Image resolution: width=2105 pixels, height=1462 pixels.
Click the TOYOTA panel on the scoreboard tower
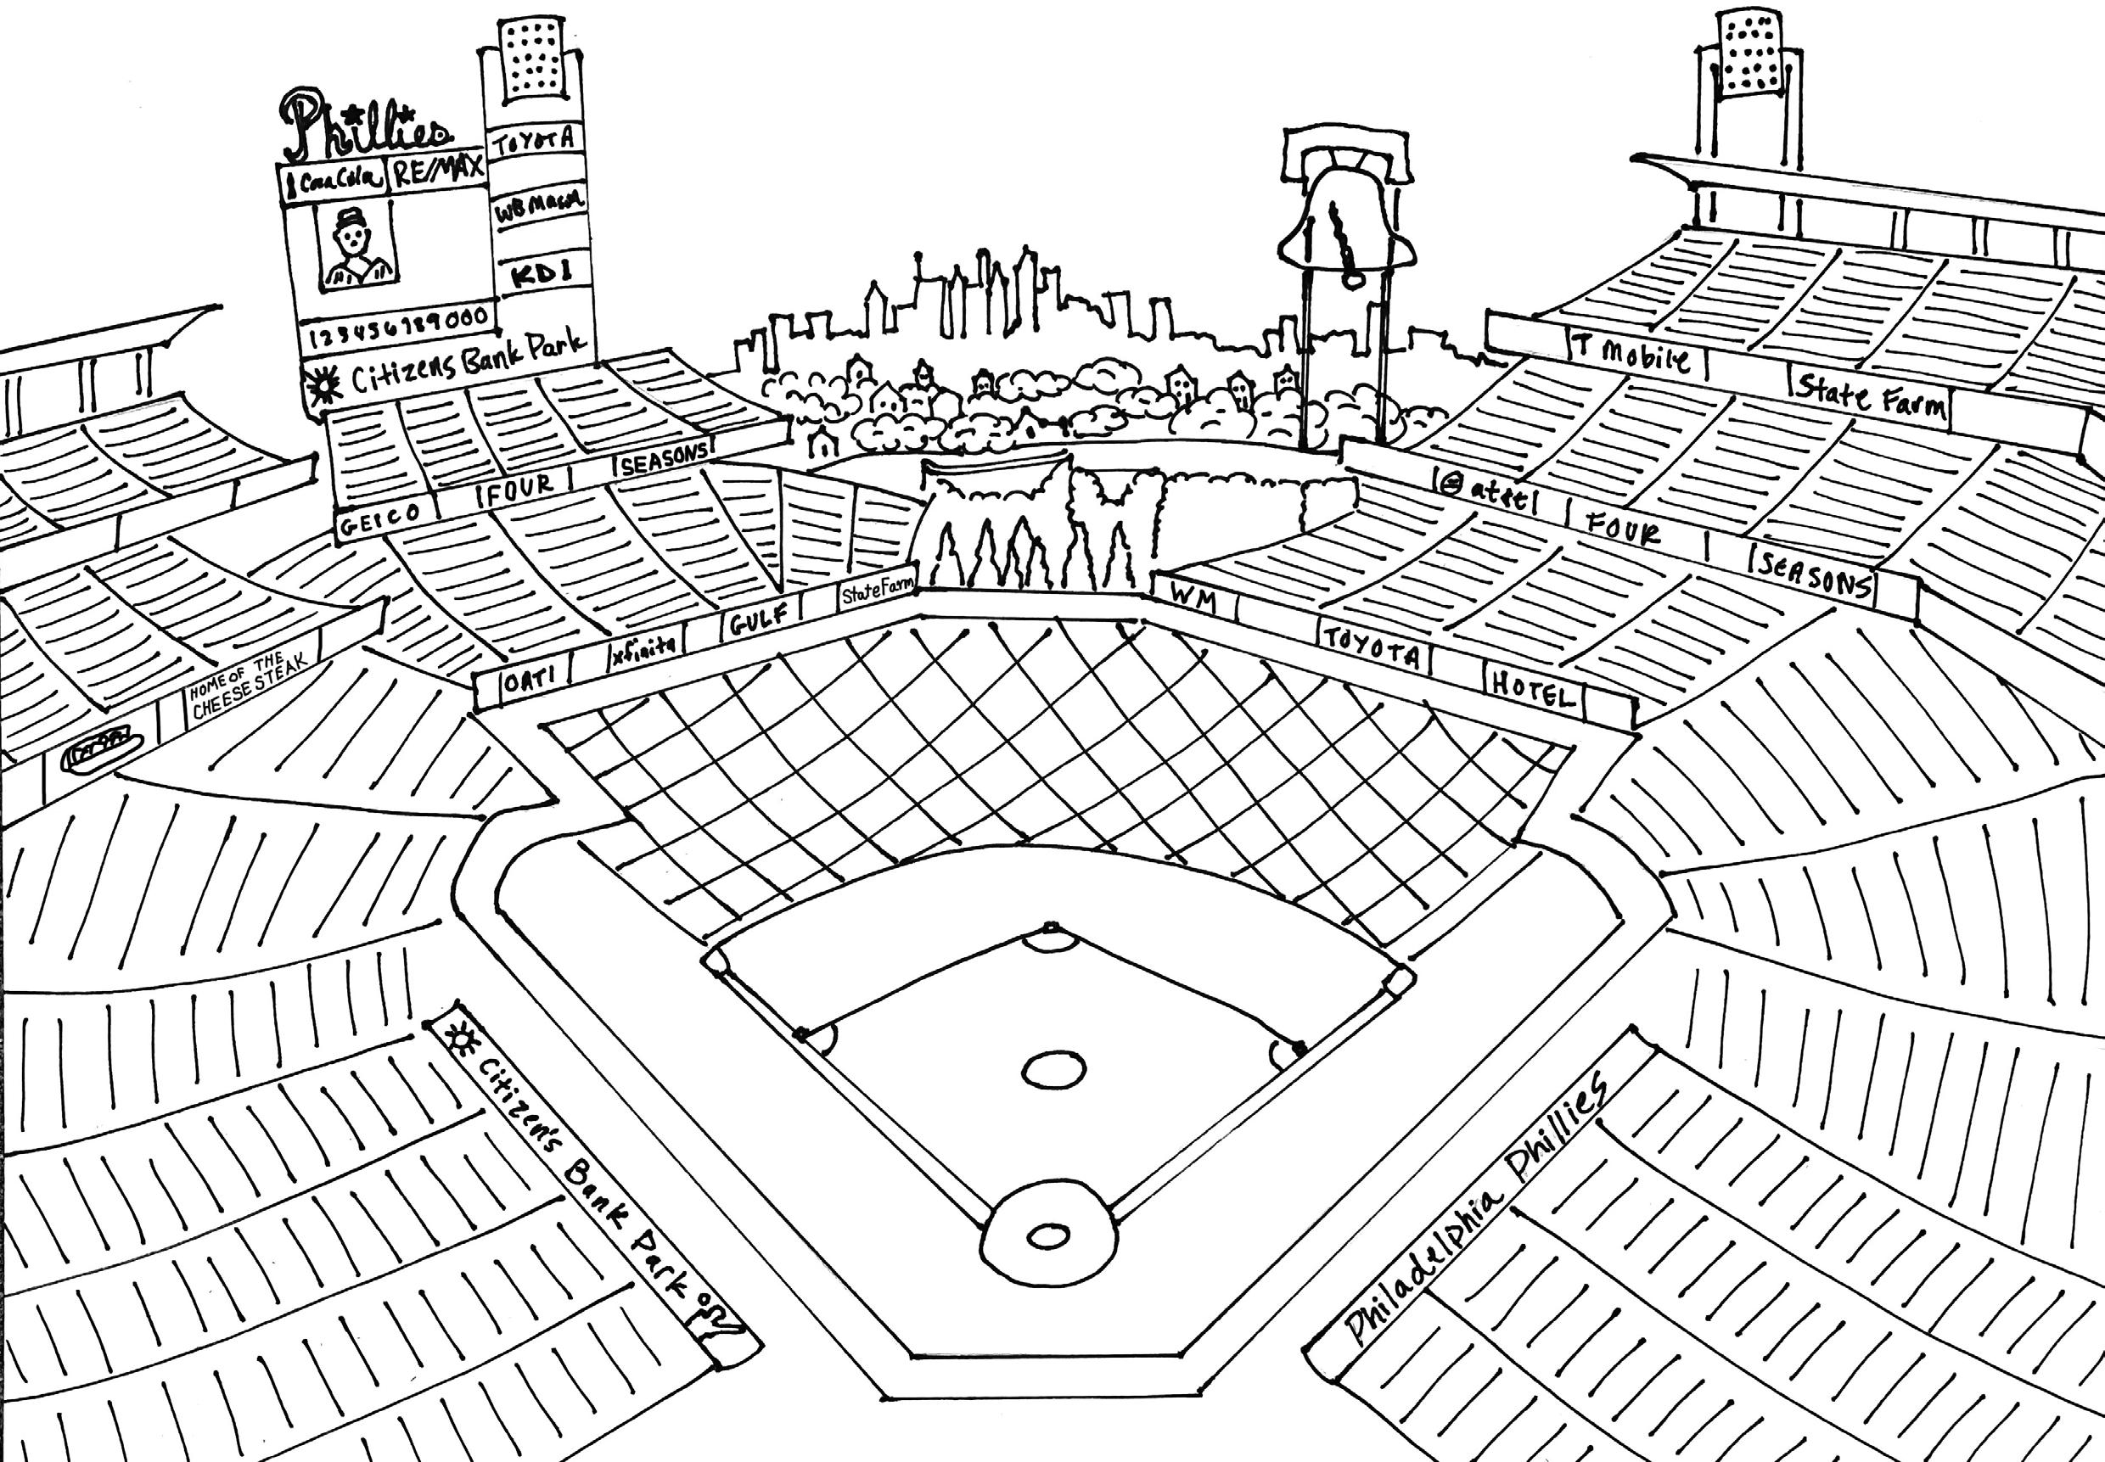[x=534, y=138]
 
